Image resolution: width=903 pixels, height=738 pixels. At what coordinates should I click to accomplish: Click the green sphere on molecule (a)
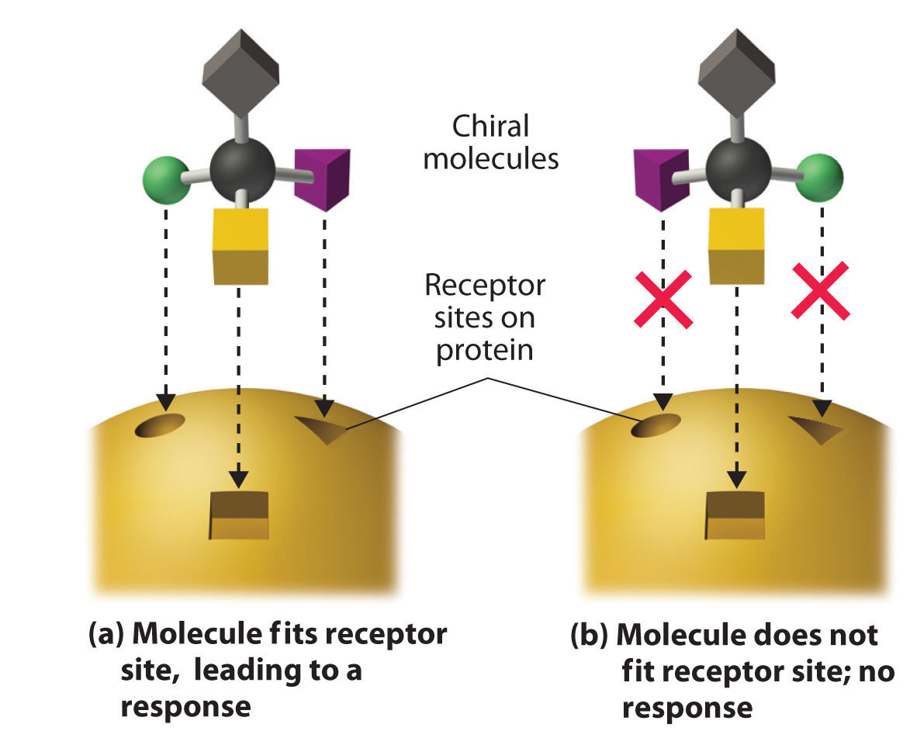pos(165,181)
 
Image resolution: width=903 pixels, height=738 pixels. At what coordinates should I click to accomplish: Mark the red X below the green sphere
pos(821,290)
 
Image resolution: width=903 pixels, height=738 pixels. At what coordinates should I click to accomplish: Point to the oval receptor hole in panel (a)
pos(160,425)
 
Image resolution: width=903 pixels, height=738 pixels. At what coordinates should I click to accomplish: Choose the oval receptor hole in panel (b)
pos(656,425)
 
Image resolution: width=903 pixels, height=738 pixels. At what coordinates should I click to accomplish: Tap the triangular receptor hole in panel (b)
pos(818,428)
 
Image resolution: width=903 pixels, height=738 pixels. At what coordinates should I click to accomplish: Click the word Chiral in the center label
pos(491,126)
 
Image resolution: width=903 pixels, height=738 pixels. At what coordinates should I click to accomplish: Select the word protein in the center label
pos(485,350)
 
